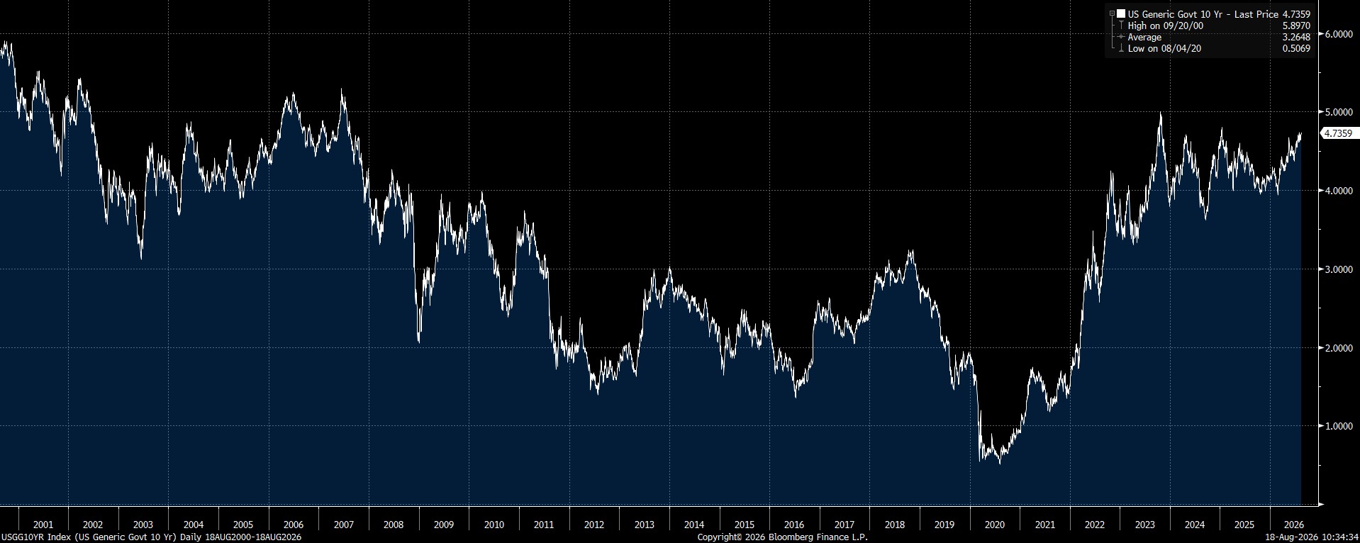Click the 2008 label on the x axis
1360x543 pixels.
(394, 525)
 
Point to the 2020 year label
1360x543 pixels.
(995, 525)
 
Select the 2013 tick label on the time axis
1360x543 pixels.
(644, 525)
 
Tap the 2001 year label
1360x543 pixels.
(43, 525)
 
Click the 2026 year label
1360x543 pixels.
(1295, 525)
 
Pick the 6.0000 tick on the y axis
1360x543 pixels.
(1338, 33)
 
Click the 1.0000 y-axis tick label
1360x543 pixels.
(1338, 426)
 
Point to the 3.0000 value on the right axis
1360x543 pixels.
(1338, 269)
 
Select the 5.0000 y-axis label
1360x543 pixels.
(1338, 112)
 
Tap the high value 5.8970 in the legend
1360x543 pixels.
(1296, 26)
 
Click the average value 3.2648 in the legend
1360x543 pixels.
(1296, 37)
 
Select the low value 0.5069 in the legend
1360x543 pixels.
(1296, 48)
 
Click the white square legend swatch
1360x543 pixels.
(1121, 13)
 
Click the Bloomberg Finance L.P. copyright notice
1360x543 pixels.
(782, 537)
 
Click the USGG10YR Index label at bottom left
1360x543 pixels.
(151, 537)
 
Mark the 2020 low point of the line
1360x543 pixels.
(1000, 464)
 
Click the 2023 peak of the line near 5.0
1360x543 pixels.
(1160, 113)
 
